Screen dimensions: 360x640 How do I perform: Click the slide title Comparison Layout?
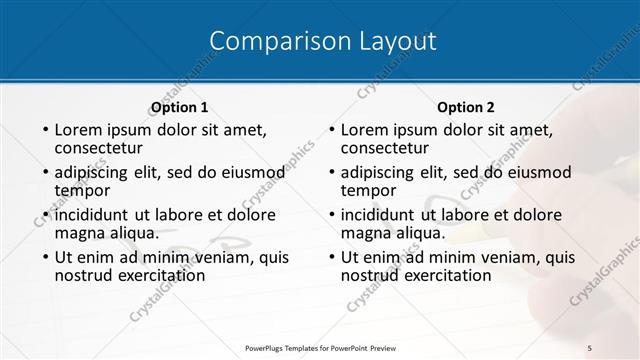pos(323,41)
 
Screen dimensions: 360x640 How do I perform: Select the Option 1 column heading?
pos(179,107)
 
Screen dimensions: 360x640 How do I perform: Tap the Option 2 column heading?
pos(466,107)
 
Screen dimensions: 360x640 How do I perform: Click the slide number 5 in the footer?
pos(590,346)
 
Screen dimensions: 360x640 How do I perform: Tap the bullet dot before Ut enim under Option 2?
pos(332,258)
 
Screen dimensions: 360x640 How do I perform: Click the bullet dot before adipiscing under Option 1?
pos(45,173)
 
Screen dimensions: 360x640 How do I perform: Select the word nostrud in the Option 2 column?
pos(370,275)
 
